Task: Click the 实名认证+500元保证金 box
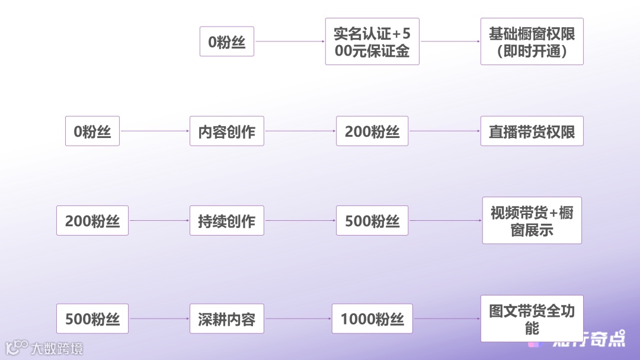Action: [x=372, y=41]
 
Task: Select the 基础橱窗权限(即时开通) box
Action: [x=532, y=41]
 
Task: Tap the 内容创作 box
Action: [x=226, y=131]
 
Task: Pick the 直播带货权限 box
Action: [x=532, y=131]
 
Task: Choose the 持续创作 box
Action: [x=226, y=221]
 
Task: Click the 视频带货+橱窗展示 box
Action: [x=532, y=220]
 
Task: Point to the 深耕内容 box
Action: [x=226, y=319]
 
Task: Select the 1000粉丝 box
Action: [x=372, y=319]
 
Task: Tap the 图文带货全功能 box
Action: [x=532, y=319]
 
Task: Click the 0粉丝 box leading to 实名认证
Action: [x=226, y=41]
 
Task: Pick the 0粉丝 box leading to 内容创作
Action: [x=92, y=131]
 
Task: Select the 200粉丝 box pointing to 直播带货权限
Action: [x=372, y=131]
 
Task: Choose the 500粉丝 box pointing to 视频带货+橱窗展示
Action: [x=372, y=221]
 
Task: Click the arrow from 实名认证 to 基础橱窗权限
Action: [x=450, y=41]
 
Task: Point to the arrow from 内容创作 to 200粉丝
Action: [x=300, y=131]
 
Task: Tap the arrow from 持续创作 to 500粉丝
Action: [x=300, y=221]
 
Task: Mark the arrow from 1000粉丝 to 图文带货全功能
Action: [x=447, y=319]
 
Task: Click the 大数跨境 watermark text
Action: [x=57, y=348]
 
